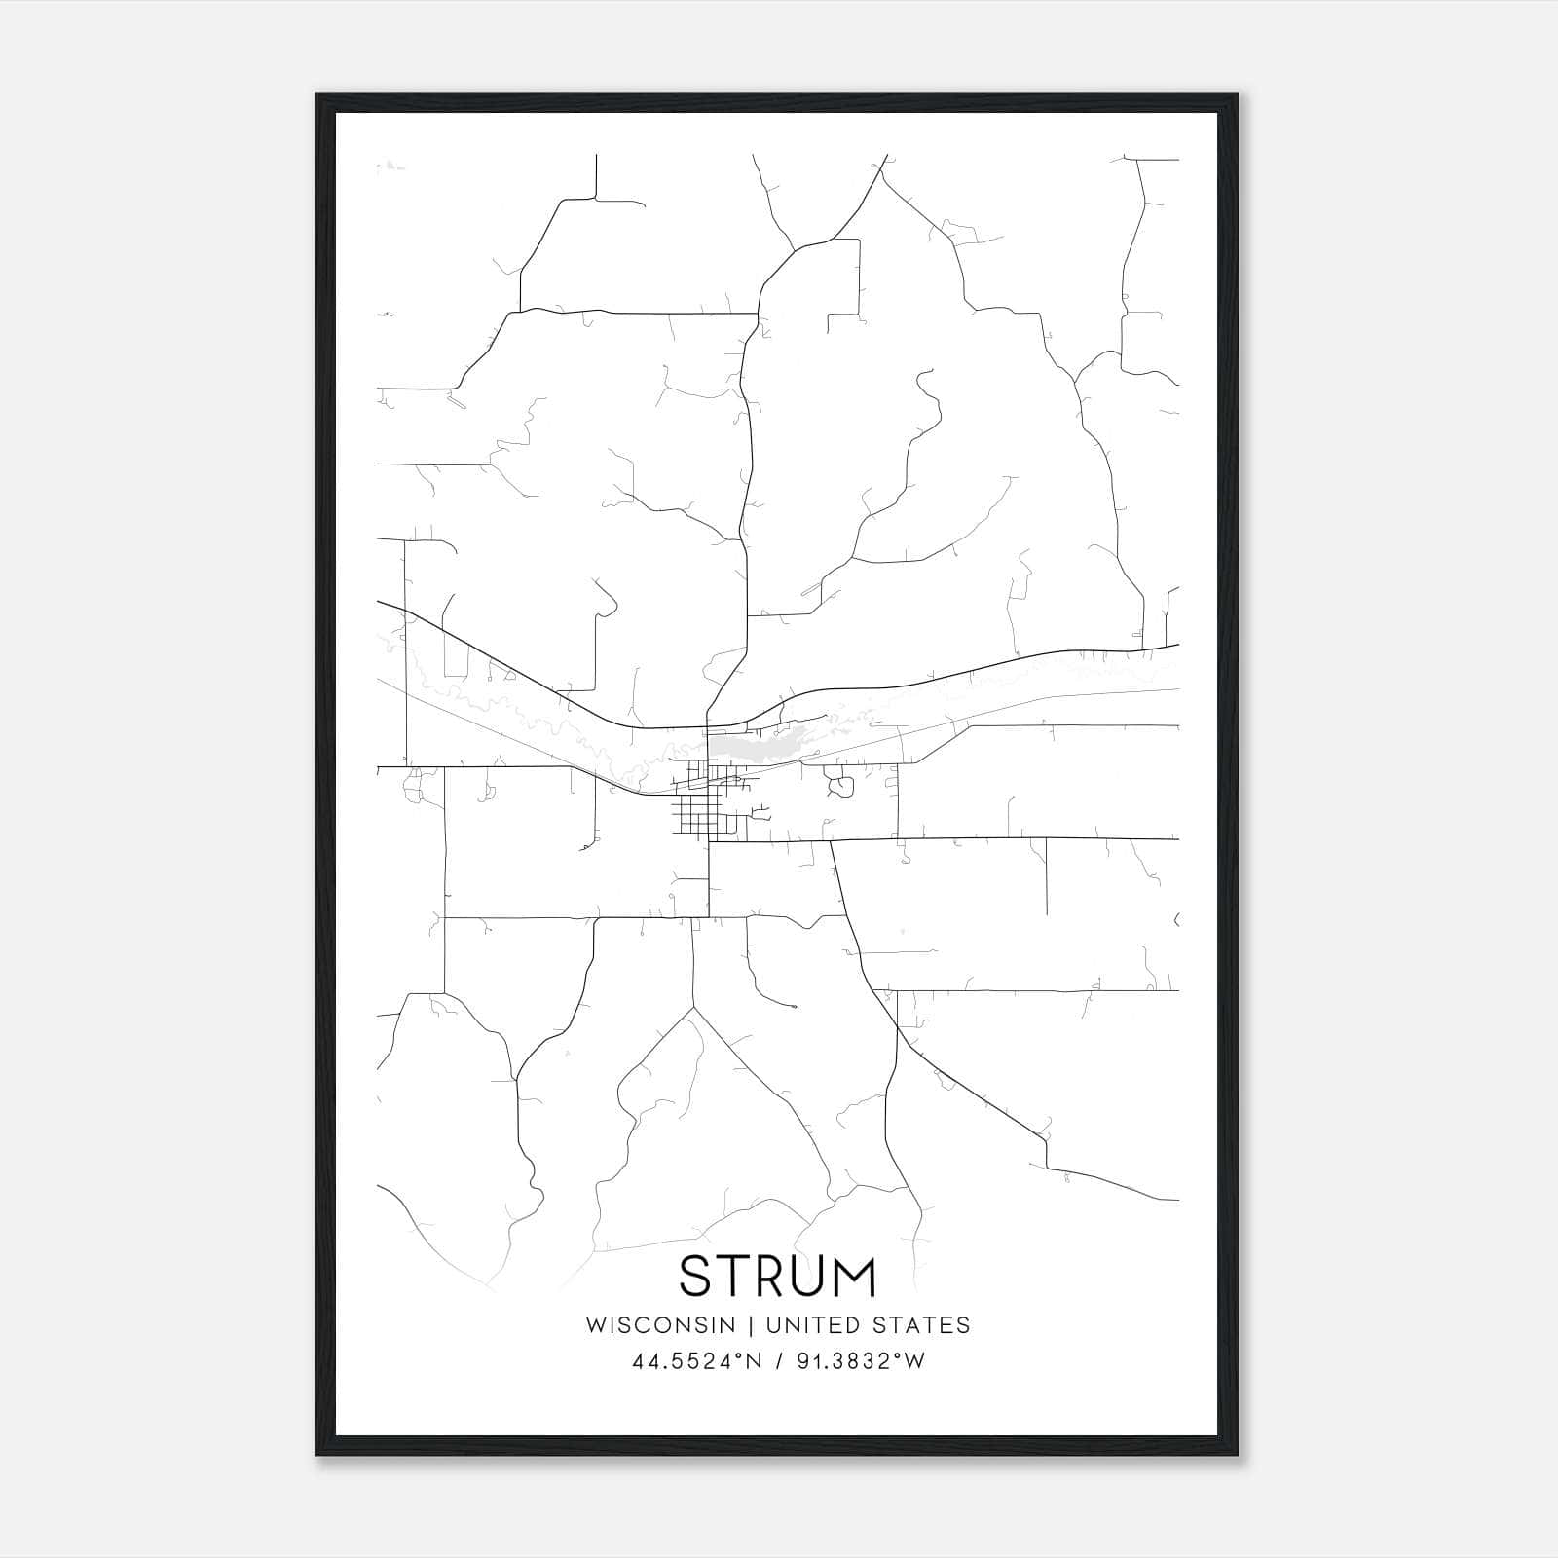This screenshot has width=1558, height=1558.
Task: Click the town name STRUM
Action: [x=778, y=1276]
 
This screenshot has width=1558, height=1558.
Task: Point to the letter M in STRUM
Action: [x=853, y=1276]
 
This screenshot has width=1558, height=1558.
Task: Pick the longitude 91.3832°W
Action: [x=861, y=1361]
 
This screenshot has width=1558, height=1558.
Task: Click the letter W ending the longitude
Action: [x=914, y=1361]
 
